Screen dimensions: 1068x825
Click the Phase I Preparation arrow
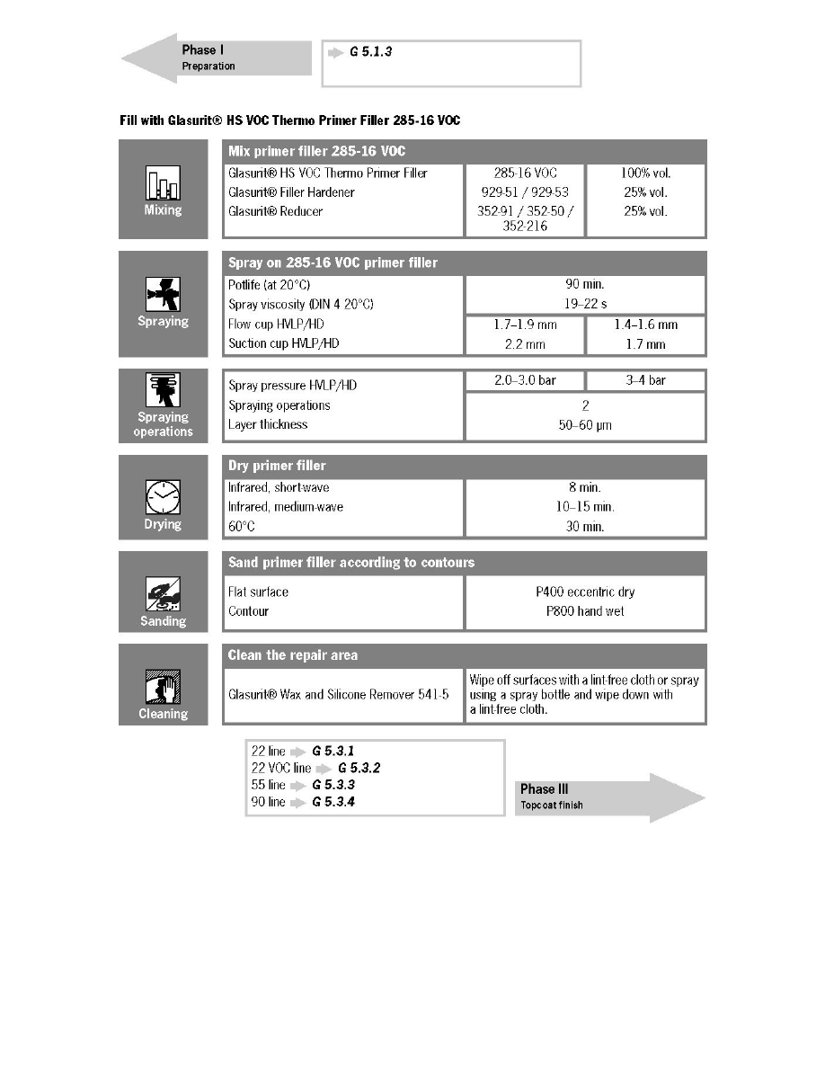point(216,58)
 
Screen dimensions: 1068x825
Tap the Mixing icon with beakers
point(163,184)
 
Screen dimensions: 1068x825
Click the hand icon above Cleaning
point(163,688)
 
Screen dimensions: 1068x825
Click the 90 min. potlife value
point(585,285)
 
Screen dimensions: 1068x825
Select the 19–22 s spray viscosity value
point(585,304)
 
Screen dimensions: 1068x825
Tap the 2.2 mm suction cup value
point(525,343)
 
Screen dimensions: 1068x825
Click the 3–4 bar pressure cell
point(645,380)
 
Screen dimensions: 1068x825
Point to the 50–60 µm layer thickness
point(585,424)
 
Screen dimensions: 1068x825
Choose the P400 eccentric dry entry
point(585,592)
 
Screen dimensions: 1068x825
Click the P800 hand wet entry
point(585,611)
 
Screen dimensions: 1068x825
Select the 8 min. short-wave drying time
point(585,487)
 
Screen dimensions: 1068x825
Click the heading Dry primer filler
point(277,467)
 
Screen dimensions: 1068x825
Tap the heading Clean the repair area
point(293,655)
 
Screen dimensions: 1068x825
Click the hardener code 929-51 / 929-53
point(525,192)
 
